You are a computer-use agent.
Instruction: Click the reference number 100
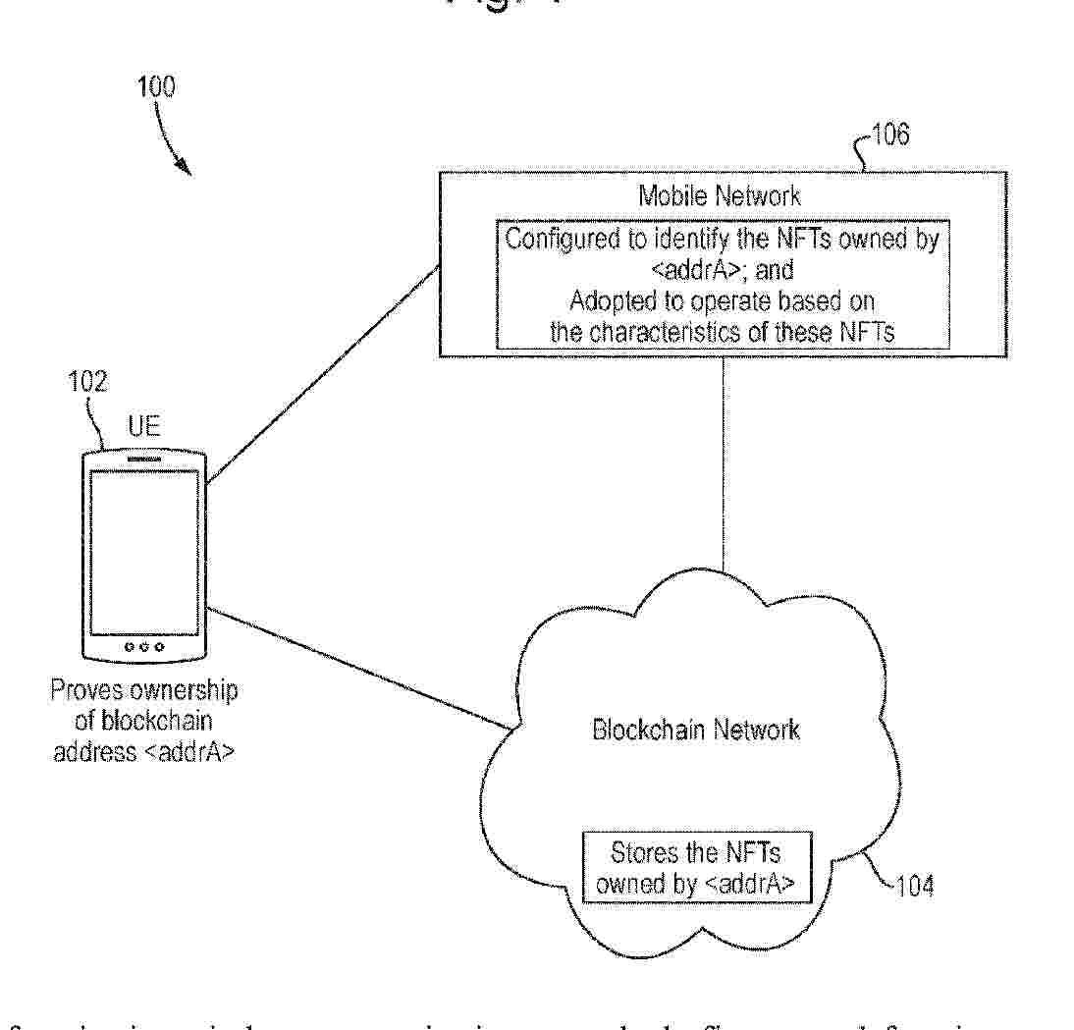tap(158, 87)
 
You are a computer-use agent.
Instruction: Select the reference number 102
tap(86, 382)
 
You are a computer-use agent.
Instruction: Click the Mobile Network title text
tap(720, 195)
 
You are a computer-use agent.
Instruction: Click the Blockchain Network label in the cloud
tap(695, 730)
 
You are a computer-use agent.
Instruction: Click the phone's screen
tap(144, 552)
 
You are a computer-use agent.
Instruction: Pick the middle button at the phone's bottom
tap(144, 647)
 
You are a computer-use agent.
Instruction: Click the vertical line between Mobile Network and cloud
tap(724, 461)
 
